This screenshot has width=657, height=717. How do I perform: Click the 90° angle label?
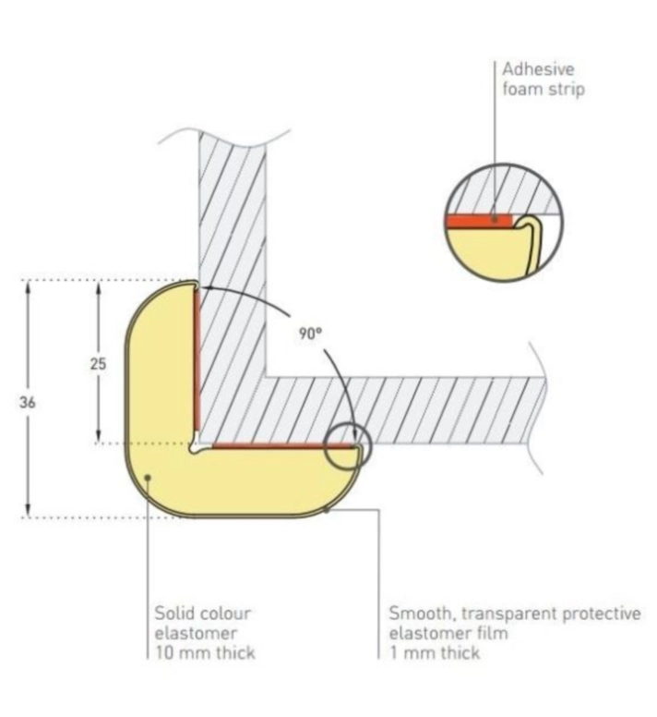tap(310, 334)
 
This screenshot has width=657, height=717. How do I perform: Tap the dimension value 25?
tap(98, 364)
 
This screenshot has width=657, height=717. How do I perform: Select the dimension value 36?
tap(28, 403)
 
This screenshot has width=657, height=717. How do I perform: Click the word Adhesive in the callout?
tap(538, 69)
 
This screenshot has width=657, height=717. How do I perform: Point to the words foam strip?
tap(544, 89)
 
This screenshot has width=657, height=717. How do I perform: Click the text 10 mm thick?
tap(205, 652)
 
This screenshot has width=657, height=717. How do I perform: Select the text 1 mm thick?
tap(435, 652)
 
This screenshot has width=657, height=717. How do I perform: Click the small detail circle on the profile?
tap(348, 447)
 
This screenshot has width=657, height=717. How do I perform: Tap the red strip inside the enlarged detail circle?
tap(480, 222)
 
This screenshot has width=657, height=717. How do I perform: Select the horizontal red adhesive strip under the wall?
tap(283, 445)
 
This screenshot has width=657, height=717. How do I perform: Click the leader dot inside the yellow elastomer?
tap(148, 478)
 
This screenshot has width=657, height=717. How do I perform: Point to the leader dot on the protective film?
tap(326, 509)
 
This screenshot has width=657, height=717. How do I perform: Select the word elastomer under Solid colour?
tap(196, 633)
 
